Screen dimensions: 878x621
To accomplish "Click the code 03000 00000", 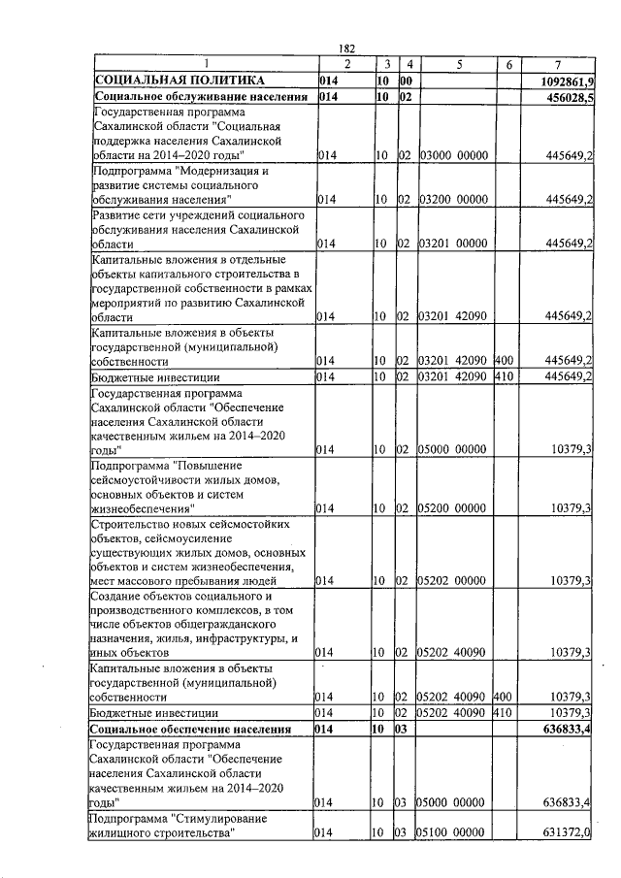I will [x=453, y=155].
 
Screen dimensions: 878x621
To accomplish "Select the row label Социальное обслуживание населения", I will [x=193, y=98].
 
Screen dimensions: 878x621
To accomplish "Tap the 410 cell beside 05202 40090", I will [x=503, y=713].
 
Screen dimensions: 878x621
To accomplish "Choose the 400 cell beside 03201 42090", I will [x=503, y=361].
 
